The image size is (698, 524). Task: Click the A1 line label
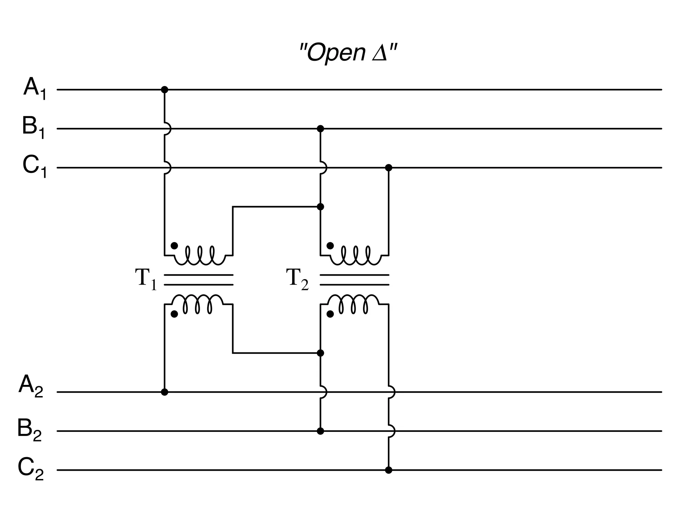34,88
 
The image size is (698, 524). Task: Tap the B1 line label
33,127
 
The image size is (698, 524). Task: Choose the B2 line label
29,430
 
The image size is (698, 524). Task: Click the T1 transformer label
146,279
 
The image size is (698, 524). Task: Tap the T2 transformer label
297,279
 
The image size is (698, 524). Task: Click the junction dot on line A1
164,90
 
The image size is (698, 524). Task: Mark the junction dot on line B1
320,129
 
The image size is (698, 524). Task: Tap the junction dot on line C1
389,168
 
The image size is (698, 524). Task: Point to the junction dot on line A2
164,392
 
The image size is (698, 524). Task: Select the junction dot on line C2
389,470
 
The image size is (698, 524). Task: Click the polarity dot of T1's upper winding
174,246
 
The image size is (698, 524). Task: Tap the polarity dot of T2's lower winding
330,314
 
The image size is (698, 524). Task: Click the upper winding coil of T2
355,256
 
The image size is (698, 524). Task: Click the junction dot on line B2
320,431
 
